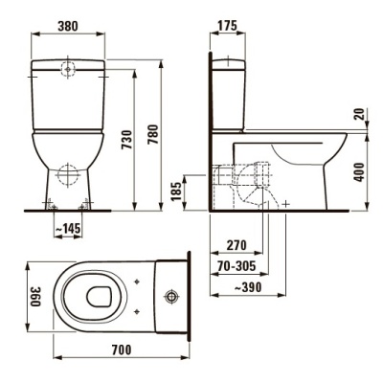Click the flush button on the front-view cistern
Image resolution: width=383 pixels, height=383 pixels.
[68, 69]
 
